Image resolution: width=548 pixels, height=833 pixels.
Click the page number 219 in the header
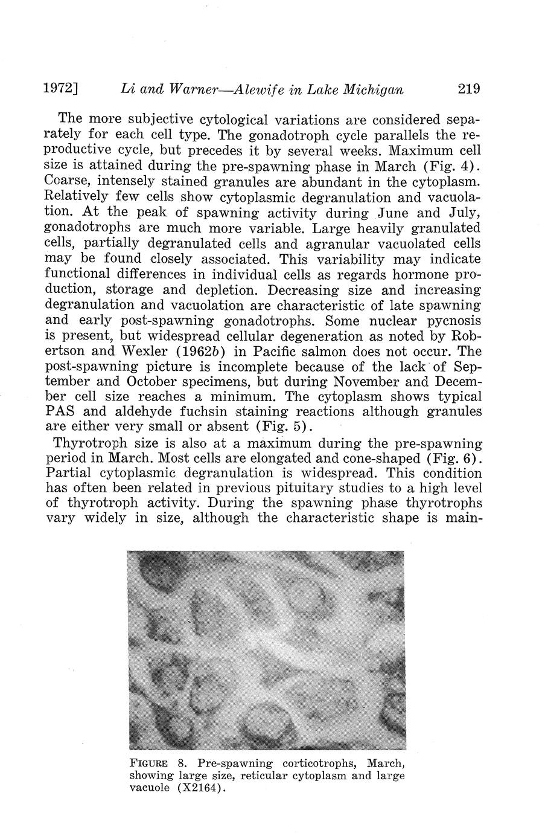(468, 89)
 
